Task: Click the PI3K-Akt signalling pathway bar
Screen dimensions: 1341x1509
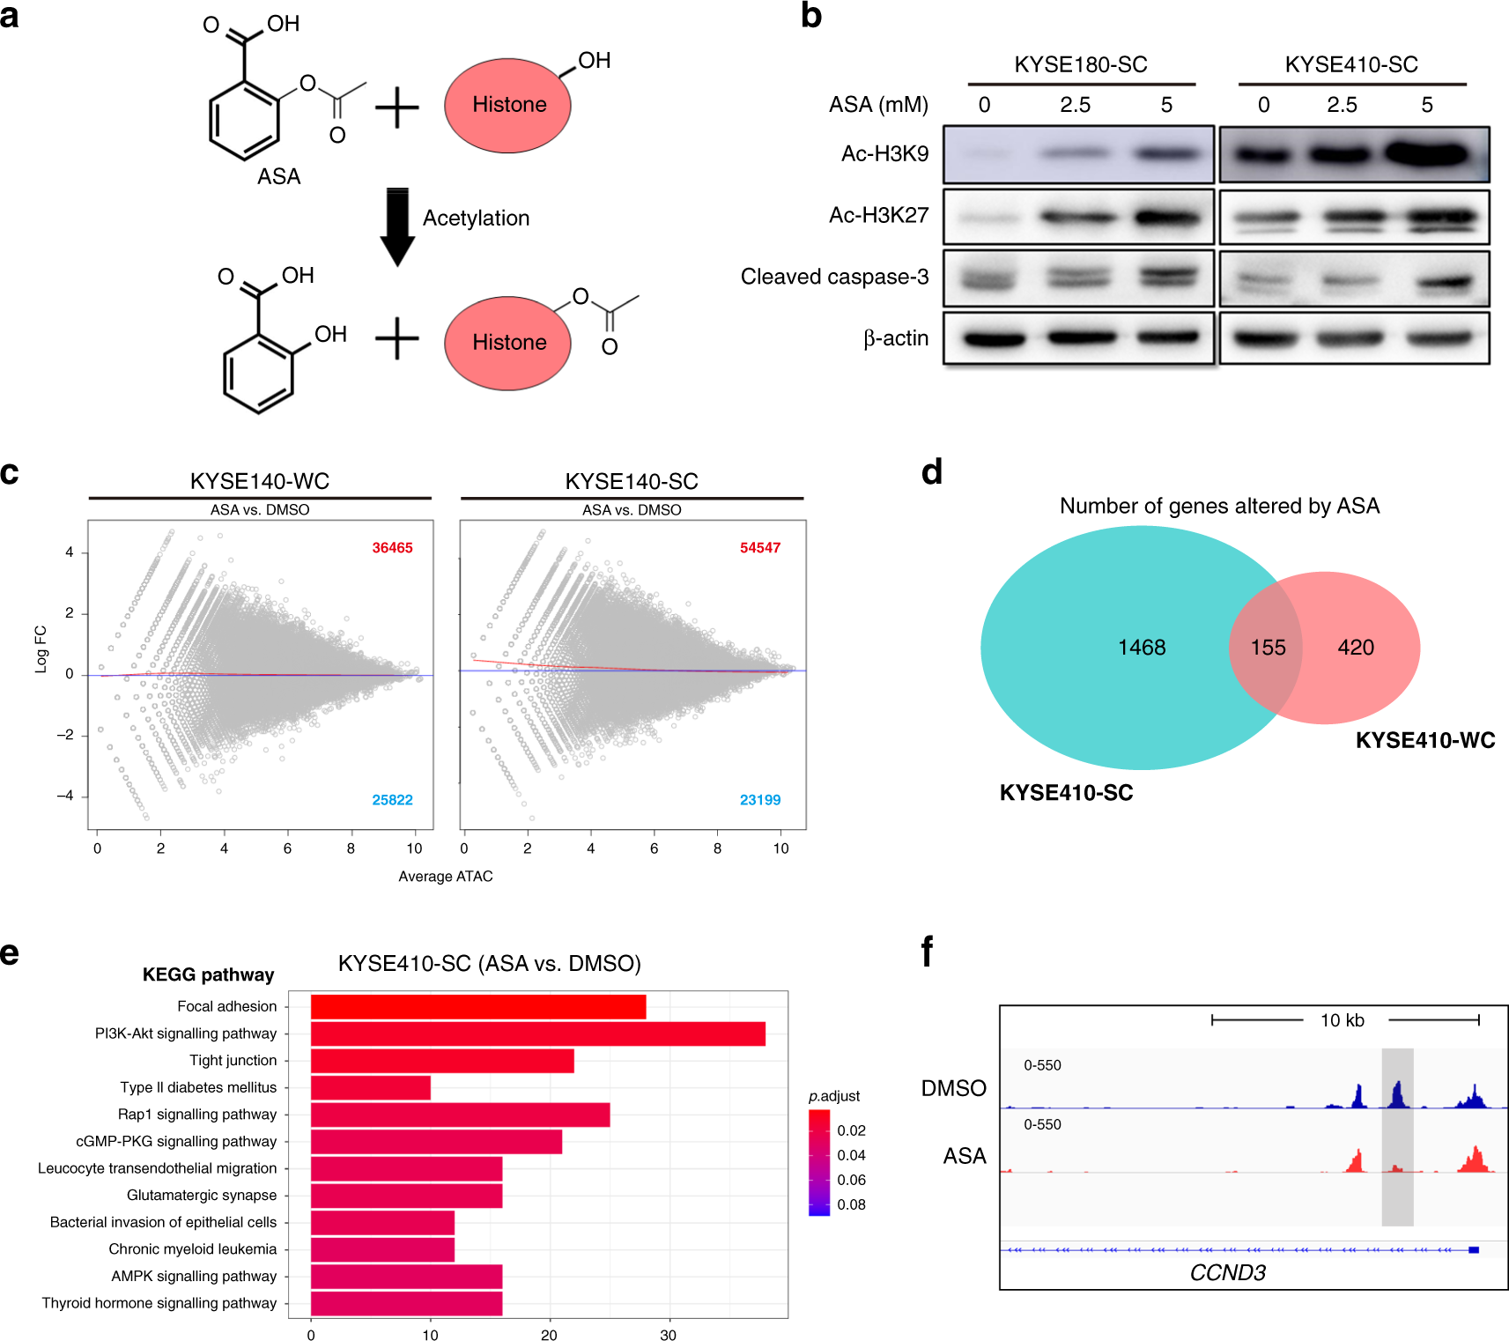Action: point(537,1034)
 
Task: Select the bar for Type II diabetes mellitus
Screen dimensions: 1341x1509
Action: point(370,1087)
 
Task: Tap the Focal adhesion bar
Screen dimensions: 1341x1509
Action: point(477,1006)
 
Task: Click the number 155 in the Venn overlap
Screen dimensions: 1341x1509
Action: point(1268,648)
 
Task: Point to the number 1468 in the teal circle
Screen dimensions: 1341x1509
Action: point(1142,648)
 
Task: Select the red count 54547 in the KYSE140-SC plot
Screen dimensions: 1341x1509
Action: point(759,548)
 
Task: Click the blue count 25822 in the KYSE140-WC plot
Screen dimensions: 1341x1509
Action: point(392,800)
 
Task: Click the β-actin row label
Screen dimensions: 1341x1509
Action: point(895,338)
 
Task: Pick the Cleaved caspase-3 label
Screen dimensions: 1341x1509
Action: point(834,277)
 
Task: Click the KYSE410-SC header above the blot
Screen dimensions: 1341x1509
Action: point(1350,64)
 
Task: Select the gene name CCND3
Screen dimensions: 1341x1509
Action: point(1227,1272)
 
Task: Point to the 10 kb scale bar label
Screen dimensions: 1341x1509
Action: point(1342,1020)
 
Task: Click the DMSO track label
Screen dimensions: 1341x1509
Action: point(953,1088)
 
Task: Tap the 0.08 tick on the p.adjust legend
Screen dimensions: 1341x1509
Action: point(851,1204)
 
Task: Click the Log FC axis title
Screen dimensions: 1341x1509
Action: point(41,649)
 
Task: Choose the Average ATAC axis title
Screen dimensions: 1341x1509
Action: point(445,876)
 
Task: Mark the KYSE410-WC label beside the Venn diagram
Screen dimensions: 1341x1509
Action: point(1424,740)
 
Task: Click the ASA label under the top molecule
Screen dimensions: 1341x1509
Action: point(278,176)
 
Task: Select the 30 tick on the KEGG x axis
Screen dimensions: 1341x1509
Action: point(668,1335)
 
